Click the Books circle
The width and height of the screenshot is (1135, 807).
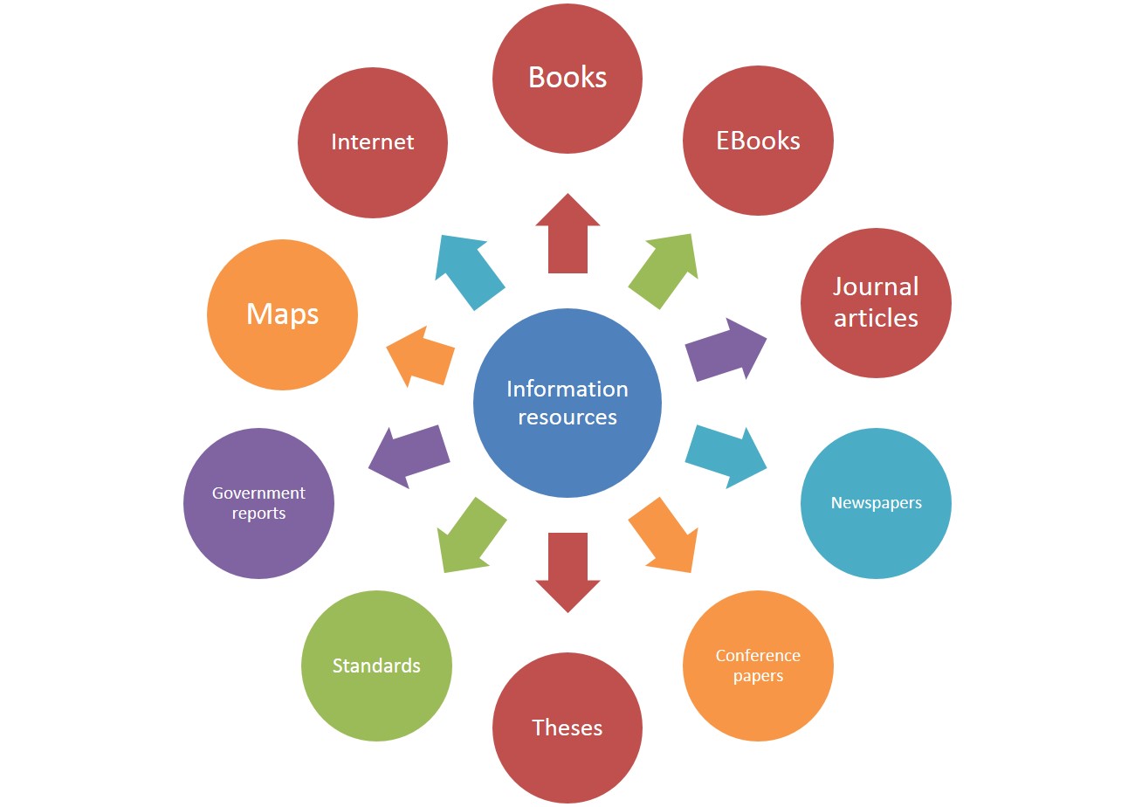pos(567,79)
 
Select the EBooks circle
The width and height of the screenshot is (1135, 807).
pos(758,141)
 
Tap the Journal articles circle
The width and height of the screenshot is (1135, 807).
pos(876,303)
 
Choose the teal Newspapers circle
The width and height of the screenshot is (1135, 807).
pos(876,503)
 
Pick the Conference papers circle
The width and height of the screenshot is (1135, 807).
pos(758,666)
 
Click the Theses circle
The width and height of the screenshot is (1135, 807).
pos(567,728)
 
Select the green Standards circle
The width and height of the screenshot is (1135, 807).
pos(376,666)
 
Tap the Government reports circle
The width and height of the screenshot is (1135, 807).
pos(258,503)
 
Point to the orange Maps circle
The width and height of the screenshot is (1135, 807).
pos(282,314)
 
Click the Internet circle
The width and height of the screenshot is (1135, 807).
pos(373,142)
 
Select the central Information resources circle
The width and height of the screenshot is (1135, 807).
pos(567,403)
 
